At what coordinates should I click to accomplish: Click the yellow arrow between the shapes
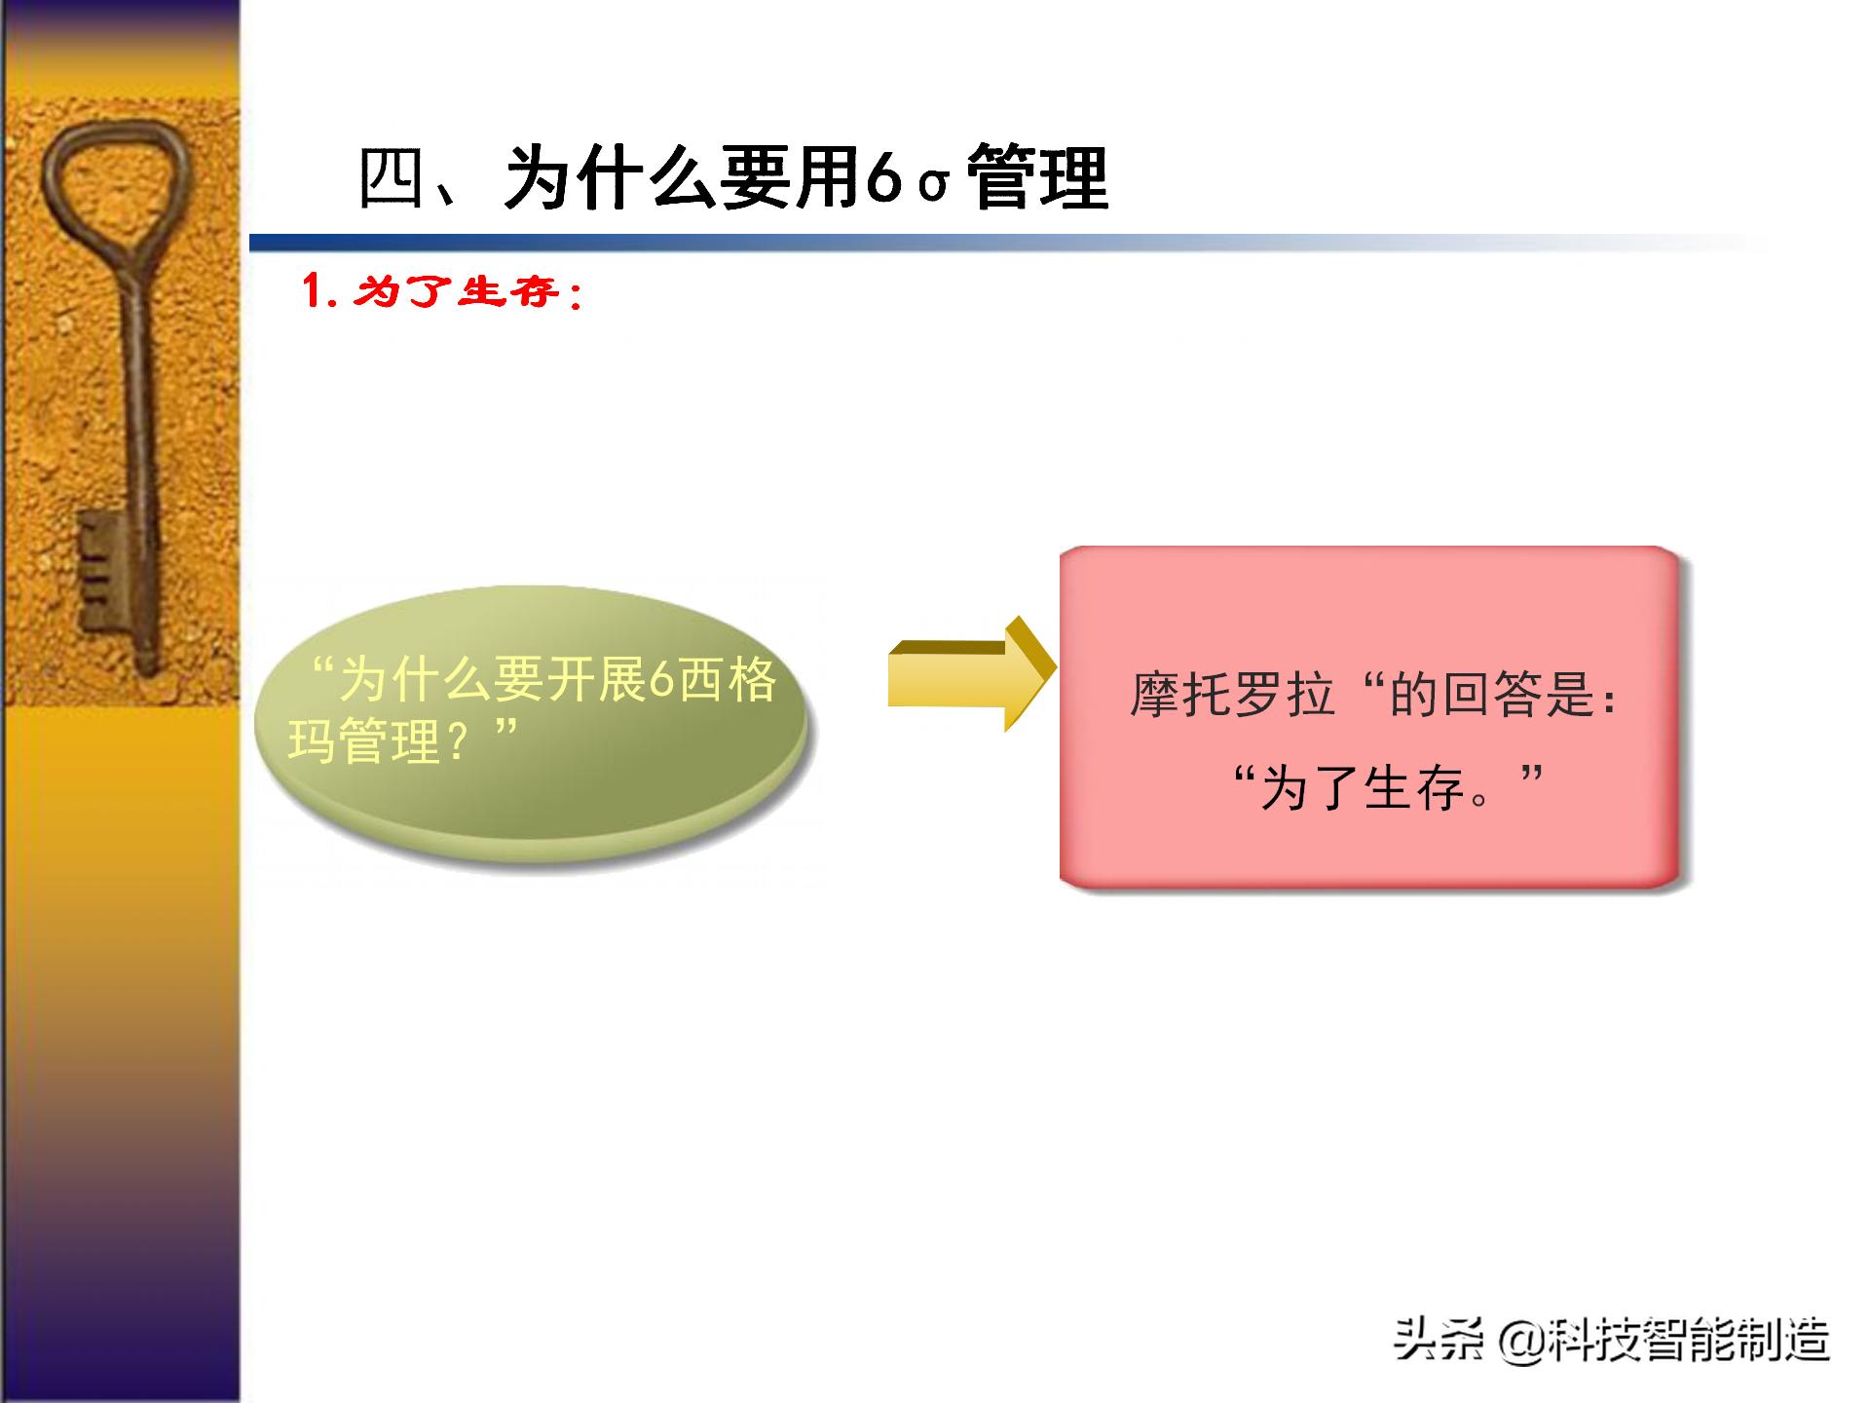pos(969,674)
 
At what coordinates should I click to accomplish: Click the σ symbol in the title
pos(932,183)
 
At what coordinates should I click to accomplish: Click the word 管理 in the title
pos(1039,178)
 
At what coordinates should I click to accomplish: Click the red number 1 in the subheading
pos(313,290)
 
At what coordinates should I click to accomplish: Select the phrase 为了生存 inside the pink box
pos(1364,787)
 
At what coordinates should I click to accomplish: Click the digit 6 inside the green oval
pos(661,680)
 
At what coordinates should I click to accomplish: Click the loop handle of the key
pos(114,185)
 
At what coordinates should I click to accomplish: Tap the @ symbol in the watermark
pos(1521,1340)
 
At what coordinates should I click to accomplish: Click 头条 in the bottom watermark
pos(1438,1340)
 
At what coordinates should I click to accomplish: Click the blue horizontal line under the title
pos(877,244)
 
